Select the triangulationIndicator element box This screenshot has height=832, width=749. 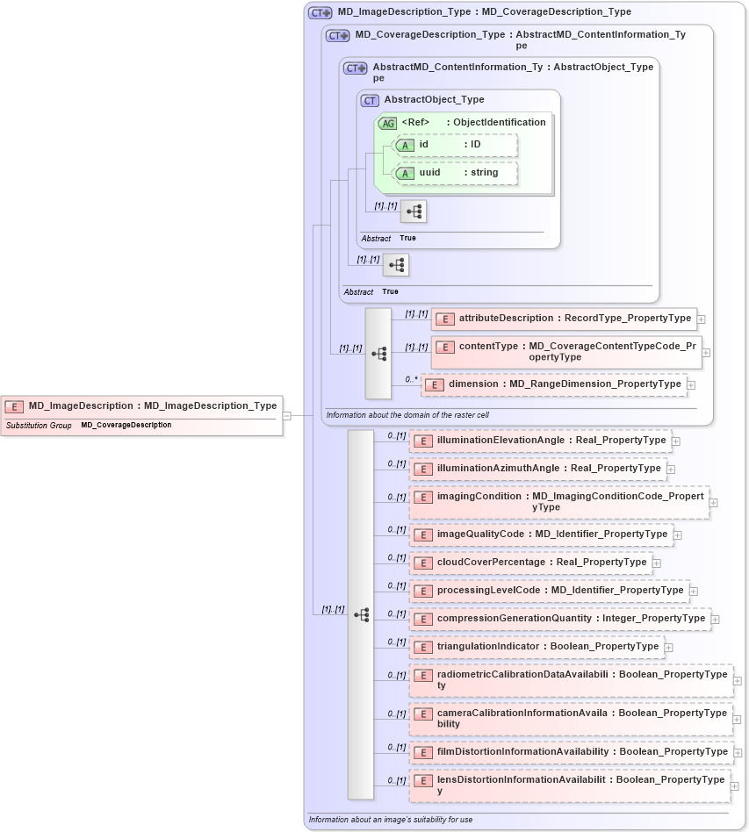point(536,647)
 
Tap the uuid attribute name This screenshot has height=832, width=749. point(429,173)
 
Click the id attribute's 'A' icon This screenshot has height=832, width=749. point(406,145)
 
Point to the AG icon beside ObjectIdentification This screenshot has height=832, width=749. point(388,123)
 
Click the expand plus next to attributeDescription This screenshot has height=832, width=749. point(701,319)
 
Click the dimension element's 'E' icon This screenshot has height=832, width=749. point(435,384)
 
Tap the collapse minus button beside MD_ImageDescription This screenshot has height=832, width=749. point(286,415)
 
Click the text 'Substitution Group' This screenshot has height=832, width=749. point(39,426)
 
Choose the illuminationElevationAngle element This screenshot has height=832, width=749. point(540,441)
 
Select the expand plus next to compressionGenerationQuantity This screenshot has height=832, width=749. point(715,619)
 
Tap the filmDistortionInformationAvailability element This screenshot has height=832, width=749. point(571,752)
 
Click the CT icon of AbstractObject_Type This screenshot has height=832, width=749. point(371,100)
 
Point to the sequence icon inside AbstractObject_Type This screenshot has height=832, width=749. point(414,212)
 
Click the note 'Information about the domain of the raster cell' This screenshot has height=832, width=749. point(408,414)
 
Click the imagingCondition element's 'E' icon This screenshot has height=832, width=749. point(423,497)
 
